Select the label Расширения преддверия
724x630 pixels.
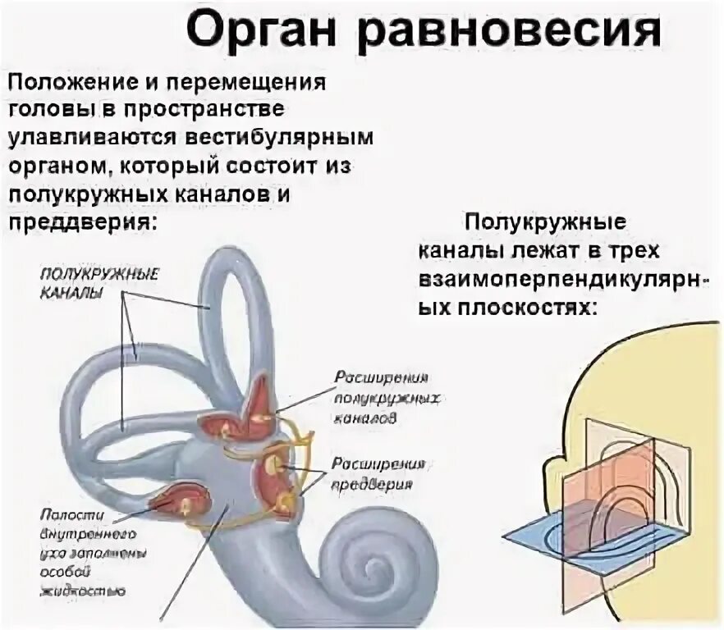click(x=378, y=473)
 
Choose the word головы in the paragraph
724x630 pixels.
click(x=45, y=110)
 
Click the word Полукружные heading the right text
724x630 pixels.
click(x=545, y=221)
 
